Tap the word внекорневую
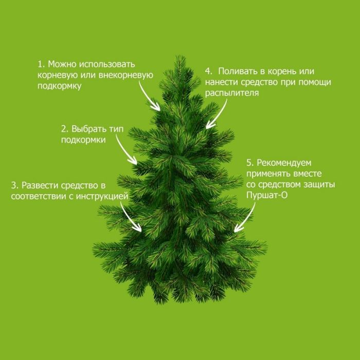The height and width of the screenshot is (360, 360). click(126, 75)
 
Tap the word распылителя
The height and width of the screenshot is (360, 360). click(232, 93)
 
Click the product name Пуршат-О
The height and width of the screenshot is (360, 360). click(267, 195)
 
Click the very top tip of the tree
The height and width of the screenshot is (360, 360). click(180, 55)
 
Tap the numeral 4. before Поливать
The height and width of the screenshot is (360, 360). click(208, 71)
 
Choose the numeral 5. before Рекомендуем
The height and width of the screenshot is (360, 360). click(250, 163)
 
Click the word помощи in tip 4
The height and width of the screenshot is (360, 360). click(315, 82)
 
